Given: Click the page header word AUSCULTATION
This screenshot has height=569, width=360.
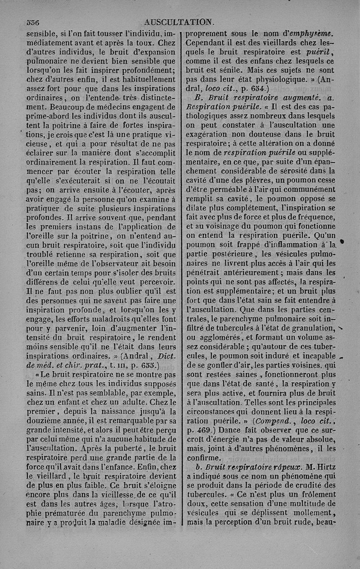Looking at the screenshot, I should [x=178, y=21].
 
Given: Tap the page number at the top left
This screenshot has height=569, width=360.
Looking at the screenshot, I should [x=33, y=22].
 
